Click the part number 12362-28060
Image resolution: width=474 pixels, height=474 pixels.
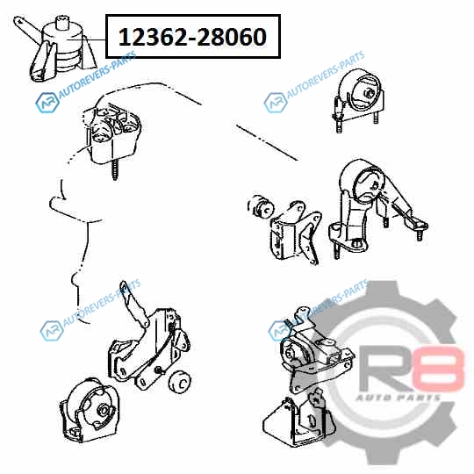coord(192,37)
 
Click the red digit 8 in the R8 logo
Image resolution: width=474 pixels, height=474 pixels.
coord(439,369)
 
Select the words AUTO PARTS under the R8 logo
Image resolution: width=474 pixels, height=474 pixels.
coord(398,398)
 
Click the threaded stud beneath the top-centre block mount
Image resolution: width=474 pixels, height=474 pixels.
coord(115,170)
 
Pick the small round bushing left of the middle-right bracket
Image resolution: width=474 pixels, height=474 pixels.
coord(261,206)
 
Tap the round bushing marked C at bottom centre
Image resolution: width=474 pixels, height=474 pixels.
coord(180,382)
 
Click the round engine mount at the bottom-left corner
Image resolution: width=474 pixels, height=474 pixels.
coord(90,410)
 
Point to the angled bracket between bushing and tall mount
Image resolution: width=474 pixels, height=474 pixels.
coord(296,233)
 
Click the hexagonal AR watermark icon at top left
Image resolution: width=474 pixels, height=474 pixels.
coord(47,103)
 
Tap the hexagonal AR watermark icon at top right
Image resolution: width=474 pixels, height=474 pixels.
coord(276,103)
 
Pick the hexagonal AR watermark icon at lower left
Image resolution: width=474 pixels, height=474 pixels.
coord(52,331)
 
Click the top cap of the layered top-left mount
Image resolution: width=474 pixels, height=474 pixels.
coord(64,23)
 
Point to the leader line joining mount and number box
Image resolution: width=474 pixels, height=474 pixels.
coord(86,39)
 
